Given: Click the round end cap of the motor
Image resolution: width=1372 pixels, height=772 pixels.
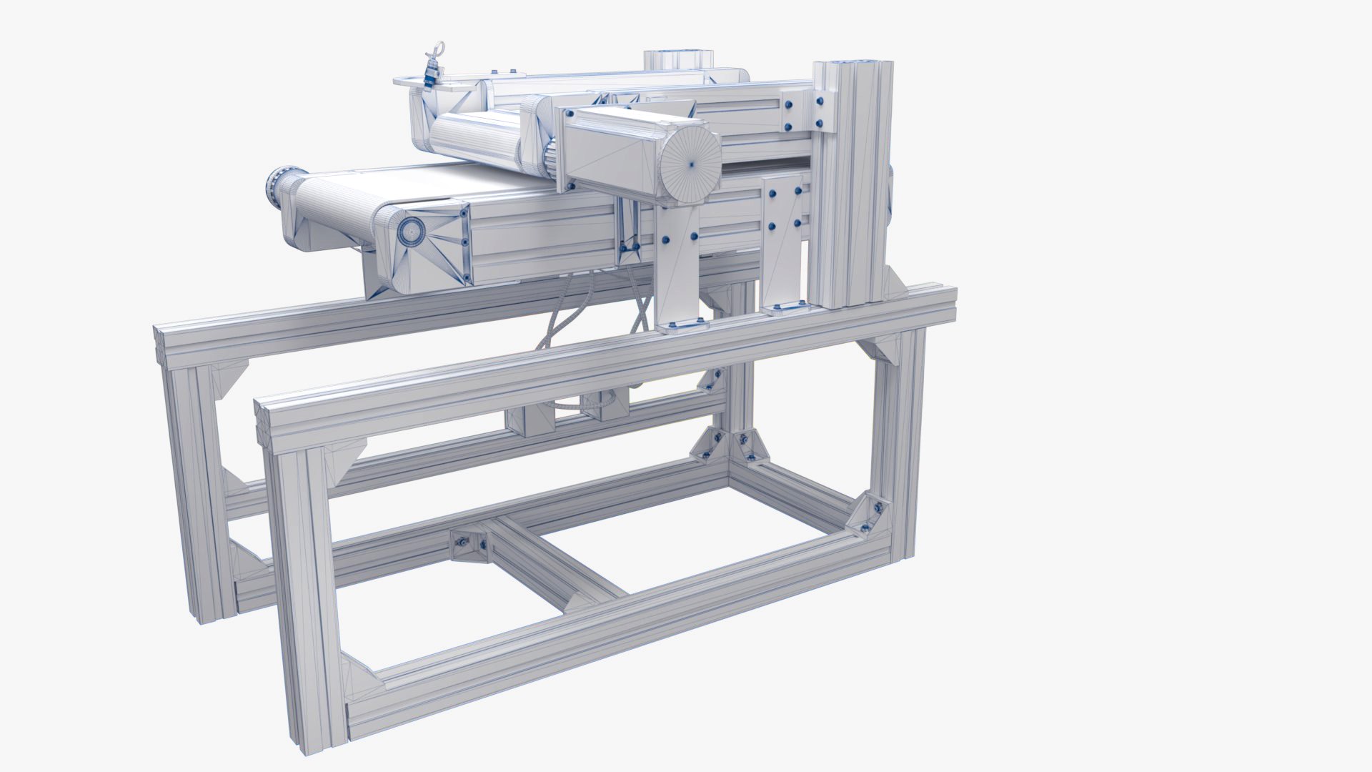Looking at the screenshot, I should [x=690, y=162].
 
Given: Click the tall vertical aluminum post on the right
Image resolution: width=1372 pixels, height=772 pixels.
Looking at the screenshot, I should [x=852, y=186].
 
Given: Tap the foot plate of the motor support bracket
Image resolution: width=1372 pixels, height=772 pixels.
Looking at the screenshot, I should [x=681, y=326].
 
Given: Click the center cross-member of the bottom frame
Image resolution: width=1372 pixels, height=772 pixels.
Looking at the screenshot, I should [x=557, y=558].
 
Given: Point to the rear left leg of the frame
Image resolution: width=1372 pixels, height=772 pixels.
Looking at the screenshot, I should [x=193, y=486].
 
